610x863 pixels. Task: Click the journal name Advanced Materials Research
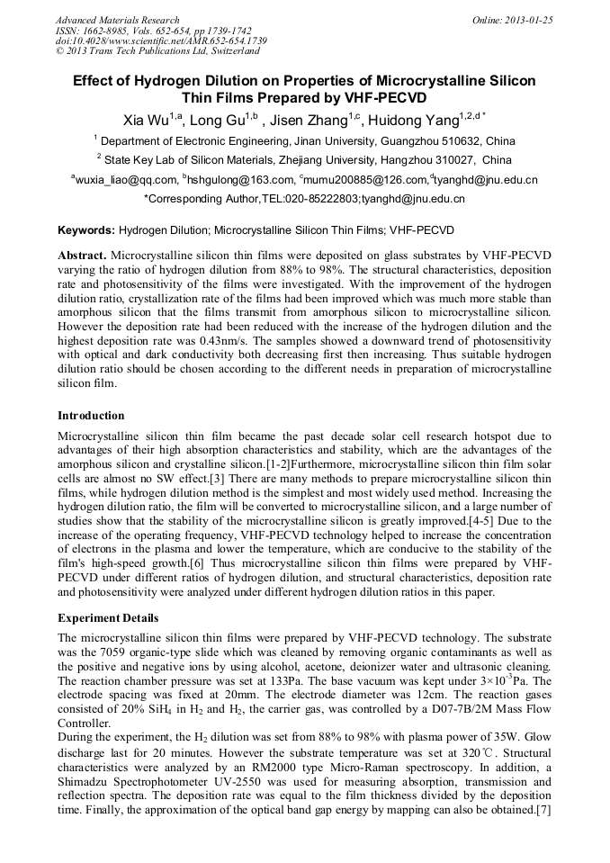coord(117,20)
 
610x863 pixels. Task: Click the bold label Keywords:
coord(86,230)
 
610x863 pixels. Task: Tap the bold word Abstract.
coord(82,256)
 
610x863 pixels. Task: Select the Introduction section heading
coord(92,416)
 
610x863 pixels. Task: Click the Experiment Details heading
coord(108,618)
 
